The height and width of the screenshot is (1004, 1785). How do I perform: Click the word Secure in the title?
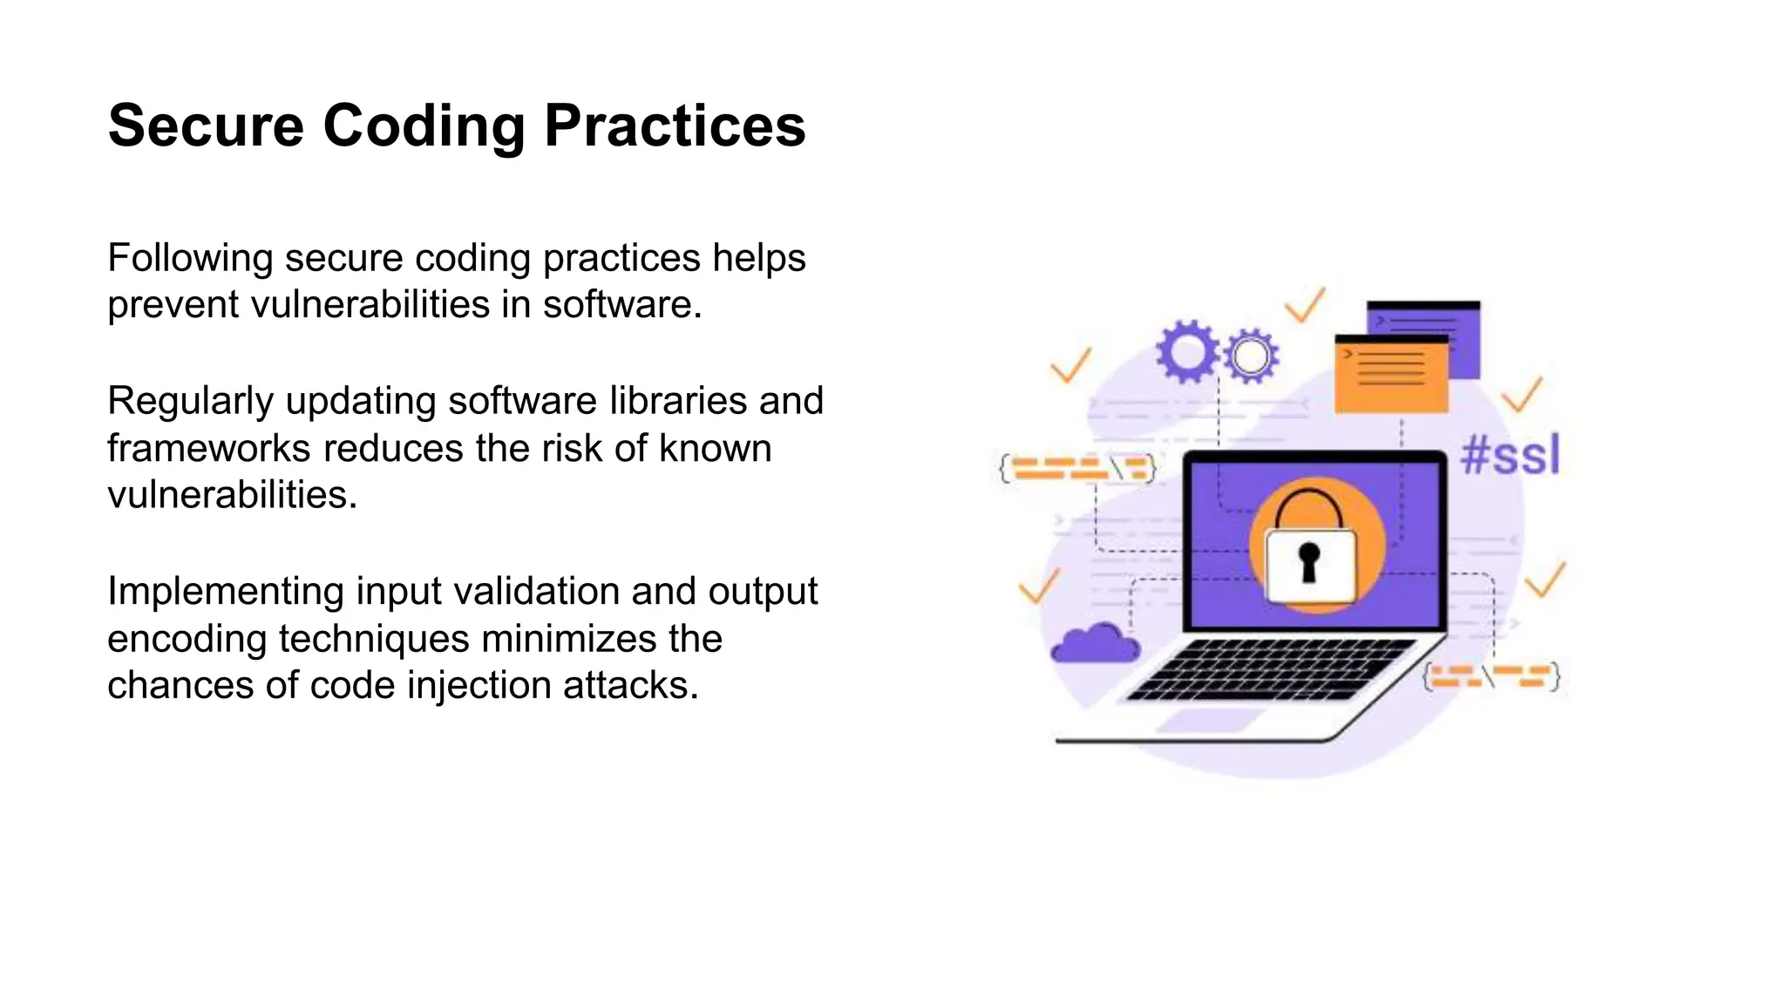pyautogui.click(x=206, y=126)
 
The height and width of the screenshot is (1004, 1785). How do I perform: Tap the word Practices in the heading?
pyautogui.click(x=675, y=126)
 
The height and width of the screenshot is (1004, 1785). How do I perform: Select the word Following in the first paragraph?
pyautogui.click(x=190, y=258)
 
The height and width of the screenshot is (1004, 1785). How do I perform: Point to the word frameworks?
pyautogui.click(x=208, y=448)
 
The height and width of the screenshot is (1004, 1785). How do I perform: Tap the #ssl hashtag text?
pyautogui.click(x=1510, y=455)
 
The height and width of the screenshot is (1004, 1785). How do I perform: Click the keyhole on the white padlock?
pyautogui.click(x=1308, y=561)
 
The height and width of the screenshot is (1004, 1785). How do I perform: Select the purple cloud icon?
pyautogui.click(x=1095, y=645)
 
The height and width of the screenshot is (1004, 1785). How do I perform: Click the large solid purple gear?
pyautogui.click(x=1186, y=351)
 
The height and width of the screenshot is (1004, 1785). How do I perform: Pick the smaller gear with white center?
pyautogui.click(x=1251, y=356)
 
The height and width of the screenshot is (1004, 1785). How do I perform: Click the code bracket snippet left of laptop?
pyautogui.click(x=1077, y=468)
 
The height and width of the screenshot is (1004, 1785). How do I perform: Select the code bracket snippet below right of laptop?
pyautogui.click(x=1491, y=676)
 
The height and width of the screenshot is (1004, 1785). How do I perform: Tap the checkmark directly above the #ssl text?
pyautogui.click(x=1522, y=395)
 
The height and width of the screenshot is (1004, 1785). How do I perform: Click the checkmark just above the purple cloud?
pyautogui.click(x=1039, y=586)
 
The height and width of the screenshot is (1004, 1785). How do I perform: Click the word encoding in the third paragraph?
pyautogui.click(x=187, y=639)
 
